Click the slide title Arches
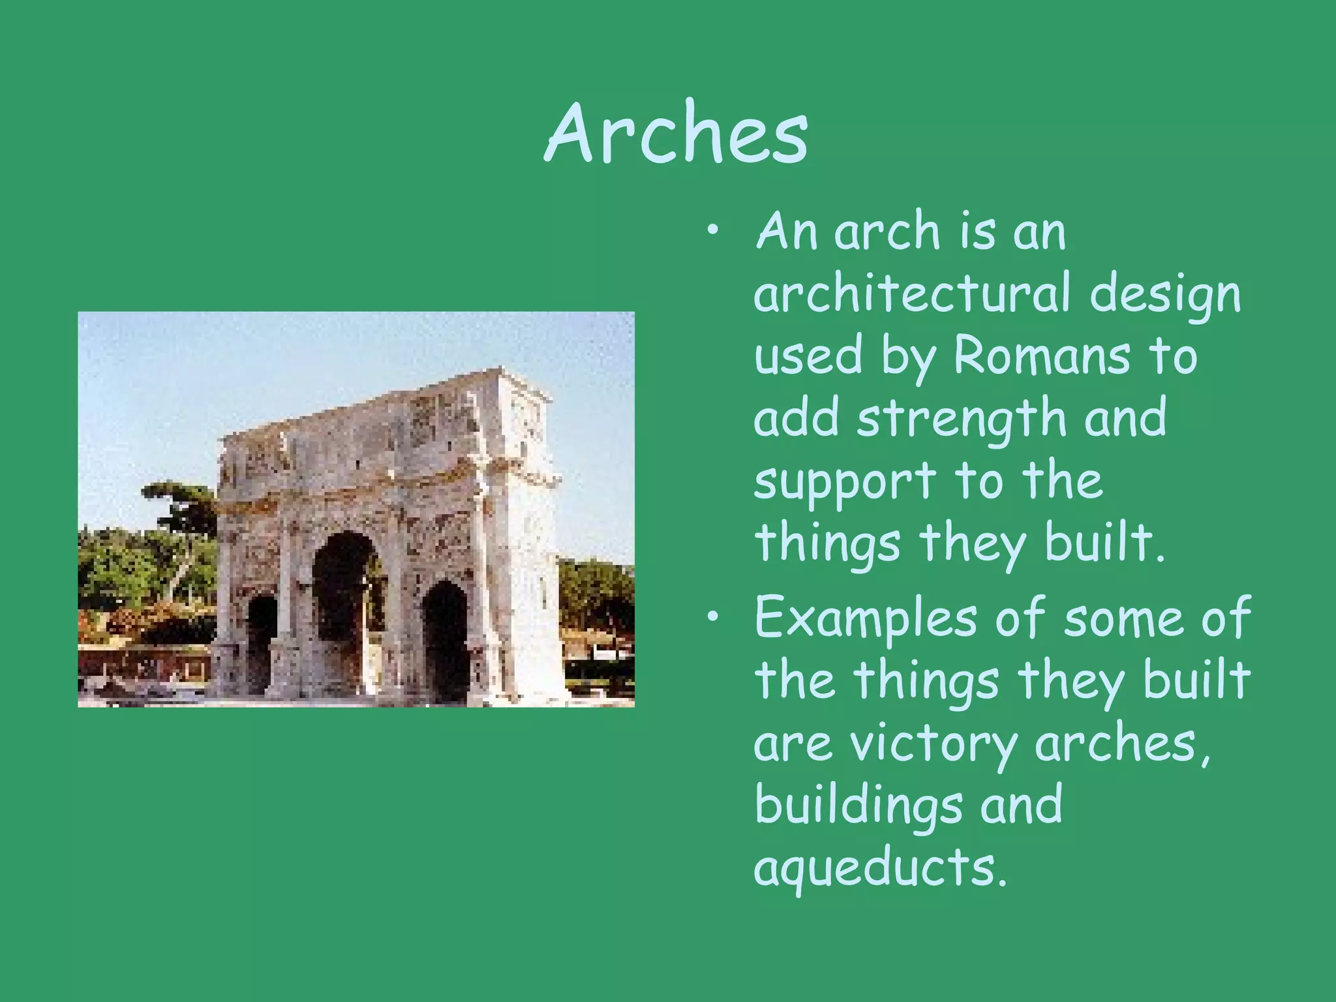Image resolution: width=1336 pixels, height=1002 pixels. [676, 134]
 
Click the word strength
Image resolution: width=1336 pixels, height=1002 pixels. [962, 419]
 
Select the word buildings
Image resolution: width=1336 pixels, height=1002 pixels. [858, 806]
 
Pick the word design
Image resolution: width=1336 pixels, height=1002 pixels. [1165, 296]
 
